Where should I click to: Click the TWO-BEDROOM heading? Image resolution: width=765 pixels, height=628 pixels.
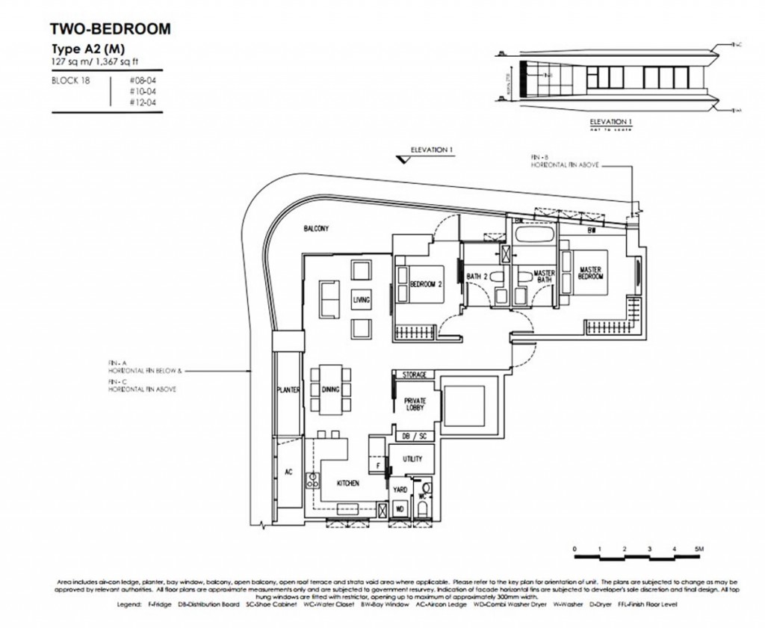pos(110,29)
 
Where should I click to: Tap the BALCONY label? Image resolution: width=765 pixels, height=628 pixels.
pos(317,230)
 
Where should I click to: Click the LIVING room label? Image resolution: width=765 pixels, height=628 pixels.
pos(361,300)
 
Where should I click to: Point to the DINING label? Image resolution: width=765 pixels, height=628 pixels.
pos(330,390)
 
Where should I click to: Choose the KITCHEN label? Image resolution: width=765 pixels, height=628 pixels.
pos(347,484)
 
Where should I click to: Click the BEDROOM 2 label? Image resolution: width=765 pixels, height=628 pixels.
pos(426,283)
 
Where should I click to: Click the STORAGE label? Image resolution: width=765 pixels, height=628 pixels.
pos(415,374)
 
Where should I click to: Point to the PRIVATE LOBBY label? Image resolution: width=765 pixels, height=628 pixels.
pos(415,404)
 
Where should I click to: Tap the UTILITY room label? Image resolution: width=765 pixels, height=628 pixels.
pos(412,459)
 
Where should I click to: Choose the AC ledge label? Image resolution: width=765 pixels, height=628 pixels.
pos(288,472)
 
